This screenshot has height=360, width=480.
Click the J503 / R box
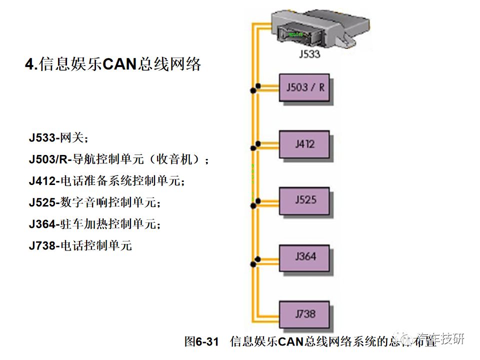[304, 87]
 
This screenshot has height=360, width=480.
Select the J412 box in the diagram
[304, 144]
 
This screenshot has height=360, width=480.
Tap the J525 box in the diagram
[304, 200]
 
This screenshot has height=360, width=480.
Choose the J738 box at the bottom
[304, 314]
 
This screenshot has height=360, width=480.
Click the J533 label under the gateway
[310, 53]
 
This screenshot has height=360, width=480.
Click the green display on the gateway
[296, 34]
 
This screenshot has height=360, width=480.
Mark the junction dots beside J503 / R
[255, 88]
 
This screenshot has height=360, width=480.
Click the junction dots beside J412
[255, 145]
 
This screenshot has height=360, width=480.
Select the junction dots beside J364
[255, 260]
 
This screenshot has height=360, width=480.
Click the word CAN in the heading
[120, 64]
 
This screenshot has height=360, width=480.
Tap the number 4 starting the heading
[29, 64]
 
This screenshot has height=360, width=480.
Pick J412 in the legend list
[42, 181]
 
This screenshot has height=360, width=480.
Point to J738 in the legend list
[42, 245]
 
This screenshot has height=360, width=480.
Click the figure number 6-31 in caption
[206, 341]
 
